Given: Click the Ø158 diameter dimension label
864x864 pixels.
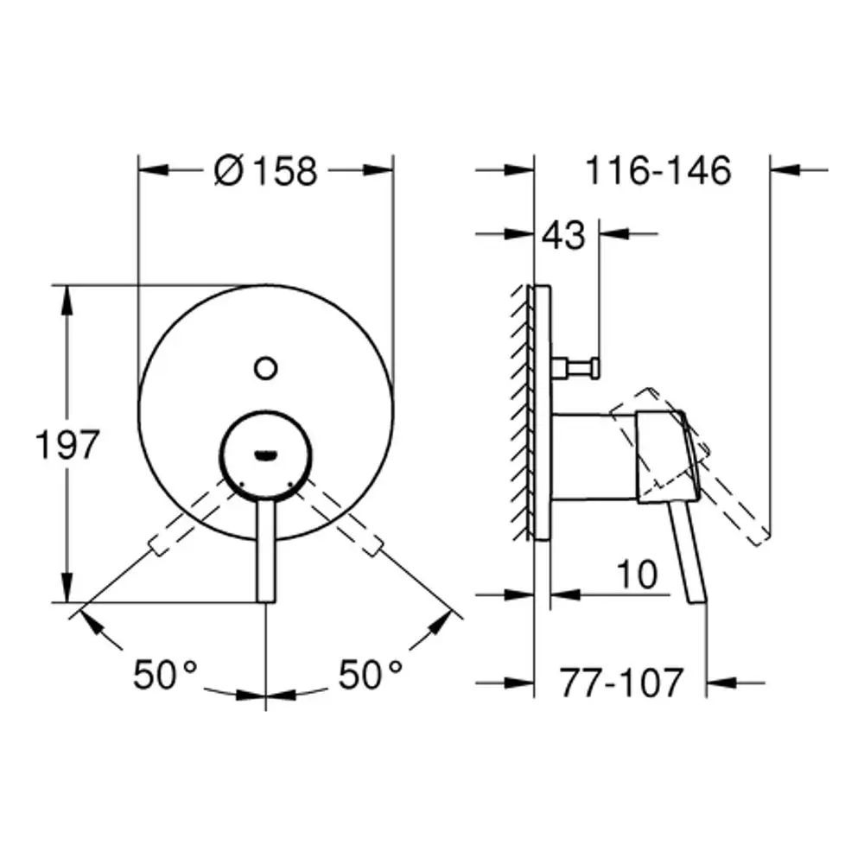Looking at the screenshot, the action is (265, 171).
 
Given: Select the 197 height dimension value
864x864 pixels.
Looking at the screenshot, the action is (67, 444).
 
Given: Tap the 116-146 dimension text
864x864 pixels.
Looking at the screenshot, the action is (658, 170).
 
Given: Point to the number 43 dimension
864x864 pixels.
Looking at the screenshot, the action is (563, 235).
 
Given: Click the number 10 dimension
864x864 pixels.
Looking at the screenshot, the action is (637, 575).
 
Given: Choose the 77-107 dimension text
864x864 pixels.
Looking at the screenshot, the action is (622, 683).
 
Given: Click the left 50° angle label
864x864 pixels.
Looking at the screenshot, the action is (165, 675).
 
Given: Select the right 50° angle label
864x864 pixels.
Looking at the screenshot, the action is (370, 675).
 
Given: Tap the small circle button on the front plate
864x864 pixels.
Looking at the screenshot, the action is (265, 368).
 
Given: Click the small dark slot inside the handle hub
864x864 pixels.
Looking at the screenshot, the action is (265, 454).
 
